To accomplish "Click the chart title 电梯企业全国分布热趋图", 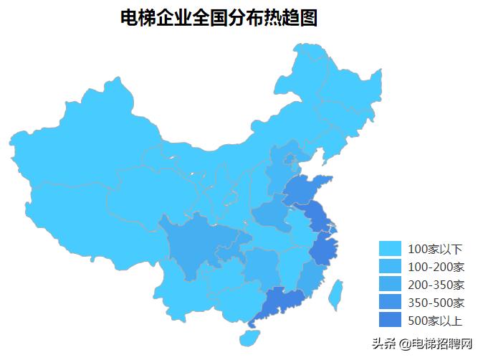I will click(x=219, y=19).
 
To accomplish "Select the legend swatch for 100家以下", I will click(x=390, y=249).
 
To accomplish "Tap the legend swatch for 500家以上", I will click(x=390, y=319).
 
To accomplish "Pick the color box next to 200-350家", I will click(x=390, y=284).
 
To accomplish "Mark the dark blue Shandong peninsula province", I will click(x=305, y=190).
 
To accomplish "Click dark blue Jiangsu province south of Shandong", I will click(x=315, y=215).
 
